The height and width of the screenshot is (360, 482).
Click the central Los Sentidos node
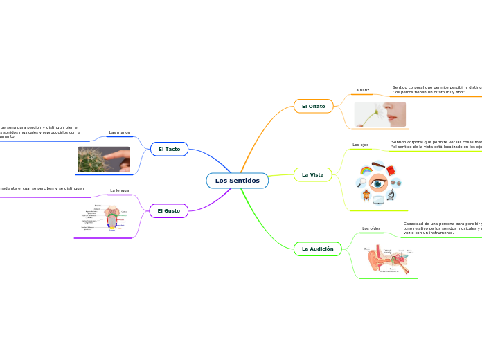tap(237, 181)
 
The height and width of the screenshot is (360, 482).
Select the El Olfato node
tap(313, 106)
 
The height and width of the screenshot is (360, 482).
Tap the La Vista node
tap(312, 174)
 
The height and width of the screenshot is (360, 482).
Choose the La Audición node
tap(317, 249)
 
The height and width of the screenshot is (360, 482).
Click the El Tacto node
tap(169, 149)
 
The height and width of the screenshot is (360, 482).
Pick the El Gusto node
tap(168, 210)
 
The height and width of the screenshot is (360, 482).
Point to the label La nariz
tap(361, 90)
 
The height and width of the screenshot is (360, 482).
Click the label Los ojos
tap(360, 145)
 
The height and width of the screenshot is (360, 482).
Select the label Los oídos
tap(371, 228)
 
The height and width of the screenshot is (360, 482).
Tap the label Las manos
tap(119, 132)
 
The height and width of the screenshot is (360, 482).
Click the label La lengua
tap(119, 190)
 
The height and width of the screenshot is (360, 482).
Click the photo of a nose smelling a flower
tap(380, 114)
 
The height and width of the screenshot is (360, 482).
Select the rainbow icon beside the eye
tap(366, 170)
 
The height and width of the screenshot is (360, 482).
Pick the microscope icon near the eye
tap(391, 195)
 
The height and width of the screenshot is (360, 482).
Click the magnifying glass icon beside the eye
tap(361, 183)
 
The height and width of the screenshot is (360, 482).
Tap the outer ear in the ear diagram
tap(374, 260)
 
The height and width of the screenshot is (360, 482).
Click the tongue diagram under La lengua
tap(112, 217)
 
